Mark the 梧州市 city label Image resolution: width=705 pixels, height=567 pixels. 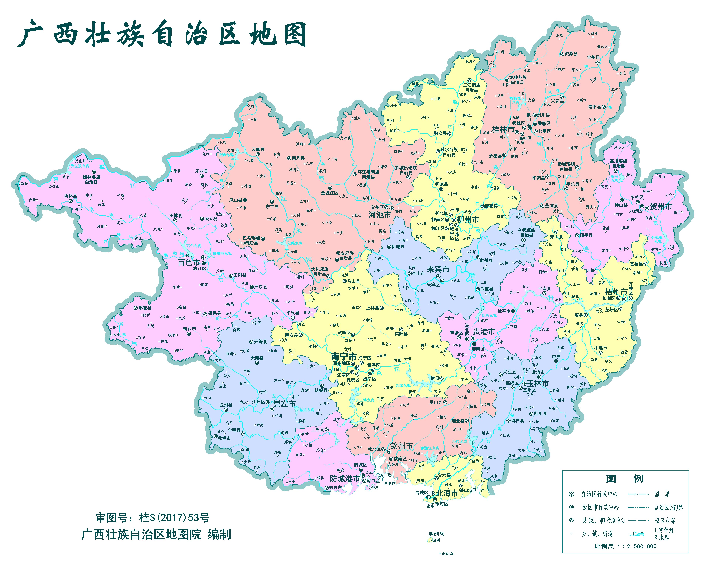[616, 292]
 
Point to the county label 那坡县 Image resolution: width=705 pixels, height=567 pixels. [144, 308]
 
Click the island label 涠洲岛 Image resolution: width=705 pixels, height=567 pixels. [436, 534]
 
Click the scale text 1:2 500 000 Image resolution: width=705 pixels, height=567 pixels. [638, 546]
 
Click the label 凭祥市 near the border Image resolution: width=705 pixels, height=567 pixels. [224, 438]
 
